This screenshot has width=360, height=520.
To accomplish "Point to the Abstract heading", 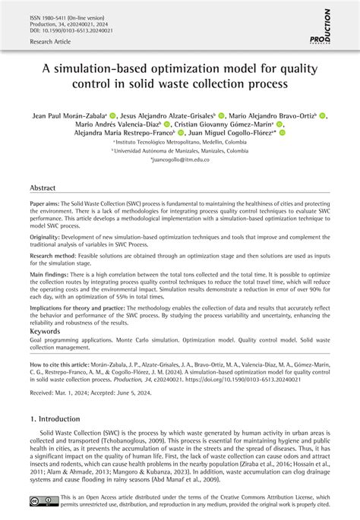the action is [43, 188].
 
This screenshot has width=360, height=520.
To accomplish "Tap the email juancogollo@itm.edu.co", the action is [180, 160].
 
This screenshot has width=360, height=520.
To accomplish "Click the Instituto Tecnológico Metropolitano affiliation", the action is [180, 142].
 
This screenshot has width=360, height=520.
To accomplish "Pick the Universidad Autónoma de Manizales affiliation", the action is [180, 151].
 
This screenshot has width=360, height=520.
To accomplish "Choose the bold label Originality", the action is [47, 236].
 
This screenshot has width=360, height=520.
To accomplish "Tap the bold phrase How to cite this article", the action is [66, 364].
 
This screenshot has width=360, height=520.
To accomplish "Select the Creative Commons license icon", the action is [39, 500].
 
